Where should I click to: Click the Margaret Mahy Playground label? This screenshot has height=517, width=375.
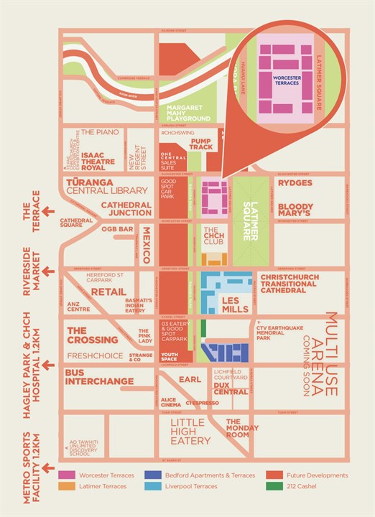184,113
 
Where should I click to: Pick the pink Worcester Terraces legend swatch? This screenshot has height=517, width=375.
68,475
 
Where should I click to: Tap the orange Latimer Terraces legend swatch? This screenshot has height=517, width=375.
68,486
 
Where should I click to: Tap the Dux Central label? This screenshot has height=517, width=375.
231,388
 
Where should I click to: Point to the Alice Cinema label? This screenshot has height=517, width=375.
170,404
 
